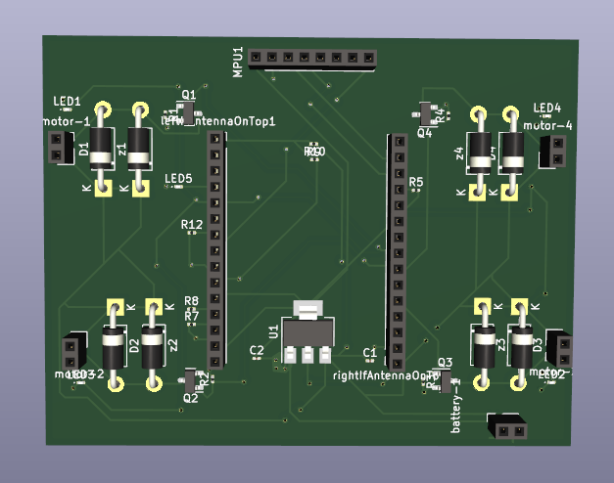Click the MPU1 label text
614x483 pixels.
[238, 61]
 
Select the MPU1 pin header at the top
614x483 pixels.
[311, 59]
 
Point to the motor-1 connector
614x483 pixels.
[57, 148]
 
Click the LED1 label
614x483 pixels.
[67, 102]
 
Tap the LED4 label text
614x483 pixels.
[546, 108]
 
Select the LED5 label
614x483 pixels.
[178, 179]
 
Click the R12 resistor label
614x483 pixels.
[192, 225]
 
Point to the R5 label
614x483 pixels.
[416, 183]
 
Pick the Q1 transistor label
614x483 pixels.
[188, 94]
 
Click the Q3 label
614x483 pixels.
[445, 362]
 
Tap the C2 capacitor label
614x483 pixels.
[257, 349]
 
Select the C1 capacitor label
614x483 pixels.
[369, 352]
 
